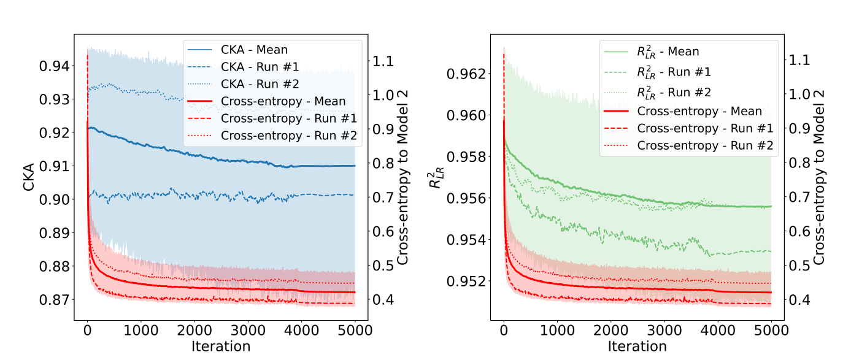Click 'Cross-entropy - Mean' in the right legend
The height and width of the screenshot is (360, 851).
point(699,111)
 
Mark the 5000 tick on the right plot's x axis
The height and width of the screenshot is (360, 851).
point(771,329)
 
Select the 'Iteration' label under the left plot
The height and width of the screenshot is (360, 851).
point(221,346)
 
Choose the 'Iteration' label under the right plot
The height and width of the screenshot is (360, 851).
point(637,346)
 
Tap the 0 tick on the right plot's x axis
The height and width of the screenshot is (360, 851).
point(504,329)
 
